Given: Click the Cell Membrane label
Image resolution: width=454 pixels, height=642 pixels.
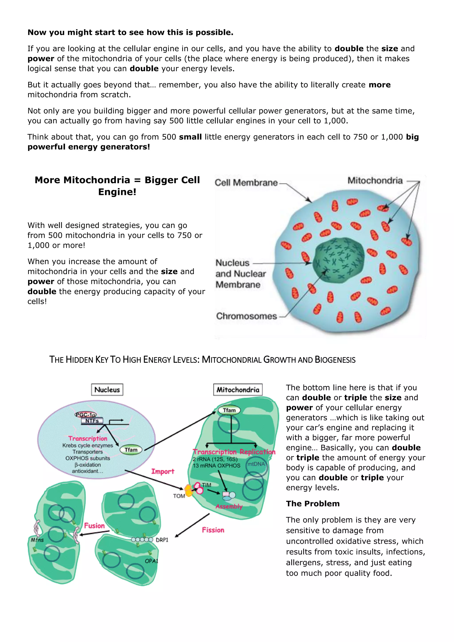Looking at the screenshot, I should (246, 183).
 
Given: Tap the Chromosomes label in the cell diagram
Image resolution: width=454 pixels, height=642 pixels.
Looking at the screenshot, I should (246, 316).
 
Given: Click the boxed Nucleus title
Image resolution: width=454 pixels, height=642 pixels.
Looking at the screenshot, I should (107, 390).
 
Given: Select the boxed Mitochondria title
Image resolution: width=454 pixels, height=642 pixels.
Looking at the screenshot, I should (238, 390).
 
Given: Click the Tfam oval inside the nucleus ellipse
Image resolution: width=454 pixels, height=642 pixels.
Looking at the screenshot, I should (131, 450).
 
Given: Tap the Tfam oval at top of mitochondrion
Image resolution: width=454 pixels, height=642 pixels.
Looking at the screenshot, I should (229, 410).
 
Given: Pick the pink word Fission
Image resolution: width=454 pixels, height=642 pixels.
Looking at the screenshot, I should (213, 530).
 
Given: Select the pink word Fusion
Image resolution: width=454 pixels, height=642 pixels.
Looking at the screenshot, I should (94, 526).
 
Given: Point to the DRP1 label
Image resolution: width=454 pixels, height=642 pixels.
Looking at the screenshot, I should (162, 540).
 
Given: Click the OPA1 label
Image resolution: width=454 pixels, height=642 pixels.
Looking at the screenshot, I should (151, 561).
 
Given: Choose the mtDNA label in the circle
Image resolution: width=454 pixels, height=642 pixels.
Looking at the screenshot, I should (256, 464).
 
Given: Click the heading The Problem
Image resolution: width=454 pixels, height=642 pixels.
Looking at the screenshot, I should (313, 504).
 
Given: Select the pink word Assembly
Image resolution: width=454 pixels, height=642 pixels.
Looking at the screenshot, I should (229, 506).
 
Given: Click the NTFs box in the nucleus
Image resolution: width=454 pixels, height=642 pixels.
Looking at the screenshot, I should (92, 421).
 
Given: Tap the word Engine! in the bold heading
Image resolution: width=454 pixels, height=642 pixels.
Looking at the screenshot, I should (117, 192).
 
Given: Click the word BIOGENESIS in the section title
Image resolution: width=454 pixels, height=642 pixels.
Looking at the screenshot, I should (335, 360).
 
